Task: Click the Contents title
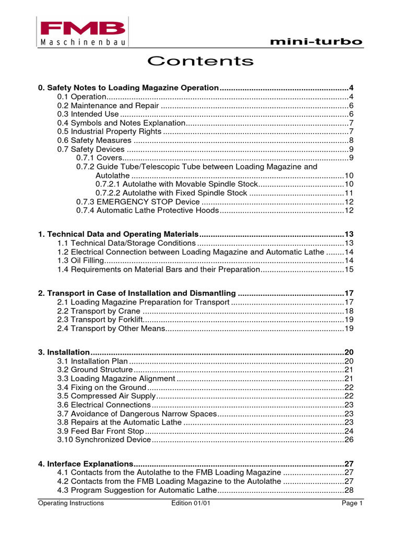[x=200, y=62]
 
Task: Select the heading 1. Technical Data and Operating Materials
[x=119, y=234]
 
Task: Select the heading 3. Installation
[x=64, y=353]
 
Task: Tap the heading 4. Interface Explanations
[x=86, y=464]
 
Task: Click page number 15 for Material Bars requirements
[x=349, y=269]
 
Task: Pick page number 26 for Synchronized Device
[x=349, y=440]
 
